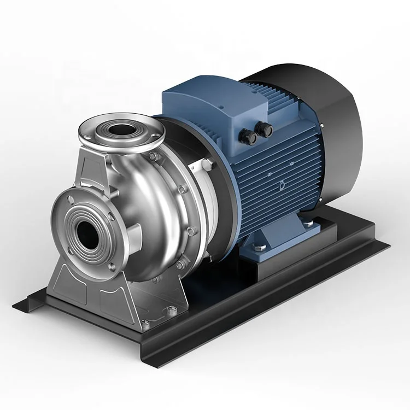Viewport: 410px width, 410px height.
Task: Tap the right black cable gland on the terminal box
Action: coord(268,128)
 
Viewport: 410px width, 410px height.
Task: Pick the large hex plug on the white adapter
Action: coord(198,165)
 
